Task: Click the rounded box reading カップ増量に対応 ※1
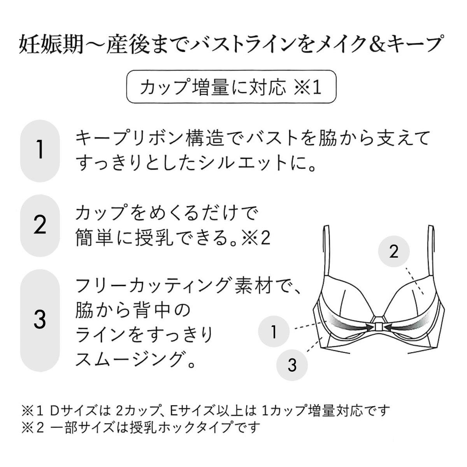pyautogui.click(x=231, y=86)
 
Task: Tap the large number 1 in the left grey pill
pyautogui.click(x=40, y=150)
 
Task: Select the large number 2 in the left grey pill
pyautogui.click(x=40, y=225)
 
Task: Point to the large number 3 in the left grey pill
pyautogui.click(x=40, y=320)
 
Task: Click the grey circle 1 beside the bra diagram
pyautogui.click(x=274, y=332)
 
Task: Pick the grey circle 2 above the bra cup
pyautogui.click(x=394, y=251)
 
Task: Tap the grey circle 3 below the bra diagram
pyautogui.click(x=292, y=365)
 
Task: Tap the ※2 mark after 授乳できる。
pyautogui.click(x=256, y=238)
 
